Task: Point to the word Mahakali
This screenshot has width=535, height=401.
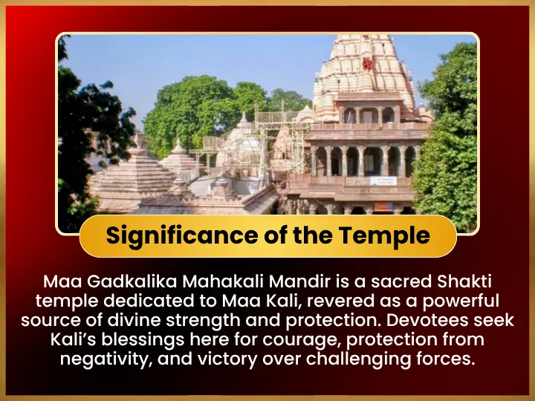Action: [223, 281]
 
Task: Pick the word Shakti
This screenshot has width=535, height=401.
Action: [464, 281]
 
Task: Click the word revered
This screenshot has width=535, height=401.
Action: [339, 301]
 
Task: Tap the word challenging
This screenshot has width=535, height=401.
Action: [358, 359]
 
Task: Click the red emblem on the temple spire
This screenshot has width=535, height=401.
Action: [368, 64]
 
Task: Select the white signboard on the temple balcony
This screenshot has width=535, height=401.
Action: [383, 180]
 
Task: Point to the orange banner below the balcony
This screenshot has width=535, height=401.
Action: [383, 206]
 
